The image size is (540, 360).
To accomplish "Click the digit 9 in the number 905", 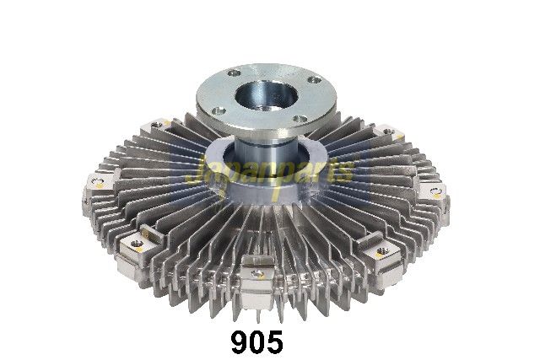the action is [x=240, y=342].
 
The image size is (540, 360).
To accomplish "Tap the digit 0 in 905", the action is [x=257, y=342].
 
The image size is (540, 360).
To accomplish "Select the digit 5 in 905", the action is [x=275, y=342].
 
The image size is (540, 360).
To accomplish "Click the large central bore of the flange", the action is [x=266, y=94].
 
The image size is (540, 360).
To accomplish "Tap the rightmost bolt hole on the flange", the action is [x=314, y=80].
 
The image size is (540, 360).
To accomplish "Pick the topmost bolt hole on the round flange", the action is [x=235, y=73].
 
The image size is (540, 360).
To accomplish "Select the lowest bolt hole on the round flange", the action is [x=300, y=120].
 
